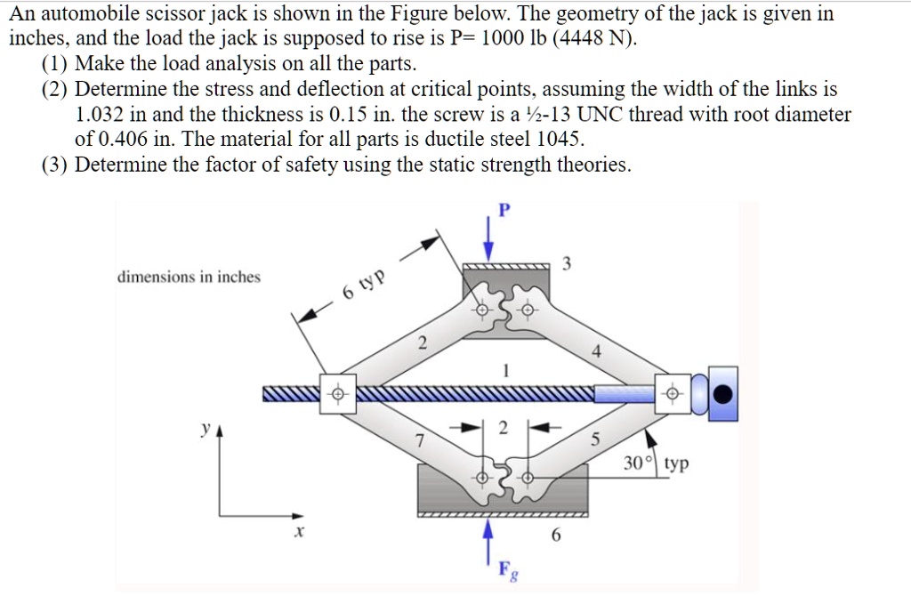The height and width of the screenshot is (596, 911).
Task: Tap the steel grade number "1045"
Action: coord(563,140)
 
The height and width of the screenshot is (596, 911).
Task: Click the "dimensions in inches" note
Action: coord(189,277)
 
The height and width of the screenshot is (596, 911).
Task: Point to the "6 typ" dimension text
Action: coord(364,284)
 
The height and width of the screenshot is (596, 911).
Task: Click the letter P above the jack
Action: coord(504,210)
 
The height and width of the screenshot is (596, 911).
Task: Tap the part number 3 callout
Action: coord(568,264)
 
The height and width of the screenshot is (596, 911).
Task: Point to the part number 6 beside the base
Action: coord(557,536)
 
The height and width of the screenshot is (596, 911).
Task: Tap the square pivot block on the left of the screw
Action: coord(337,394)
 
